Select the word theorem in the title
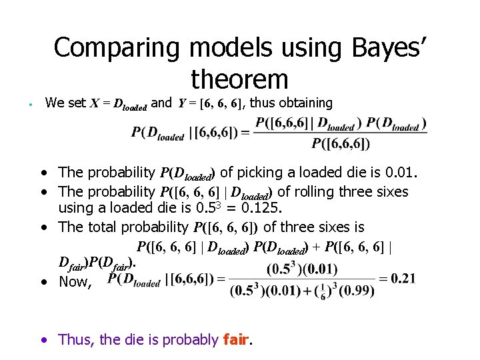point(239,79)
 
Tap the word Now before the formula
point(74,282)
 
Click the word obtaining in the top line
point(301,103)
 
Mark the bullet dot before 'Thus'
point(43,340)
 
